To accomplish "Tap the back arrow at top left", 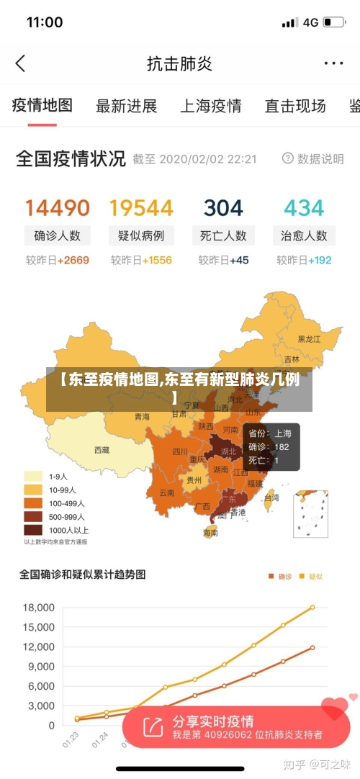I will point(20,63).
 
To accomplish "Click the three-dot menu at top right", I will point(333,63).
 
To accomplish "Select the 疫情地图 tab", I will point(42,105).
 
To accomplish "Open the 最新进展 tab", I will point(126,106).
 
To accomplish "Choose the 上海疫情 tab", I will point(210,106).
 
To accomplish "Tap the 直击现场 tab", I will point(295,106).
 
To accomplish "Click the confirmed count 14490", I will point(58,208).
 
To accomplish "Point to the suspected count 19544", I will point(141,208).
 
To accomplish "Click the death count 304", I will point(223,208).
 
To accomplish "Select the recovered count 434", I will point(304,208).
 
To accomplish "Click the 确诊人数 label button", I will point(58,235).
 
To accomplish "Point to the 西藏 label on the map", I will point(102,450).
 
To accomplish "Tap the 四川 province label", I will point(179,452).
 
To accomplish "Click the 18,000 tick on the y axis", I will point(38,608).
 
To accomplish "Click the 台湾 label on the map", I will point(271,497).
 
